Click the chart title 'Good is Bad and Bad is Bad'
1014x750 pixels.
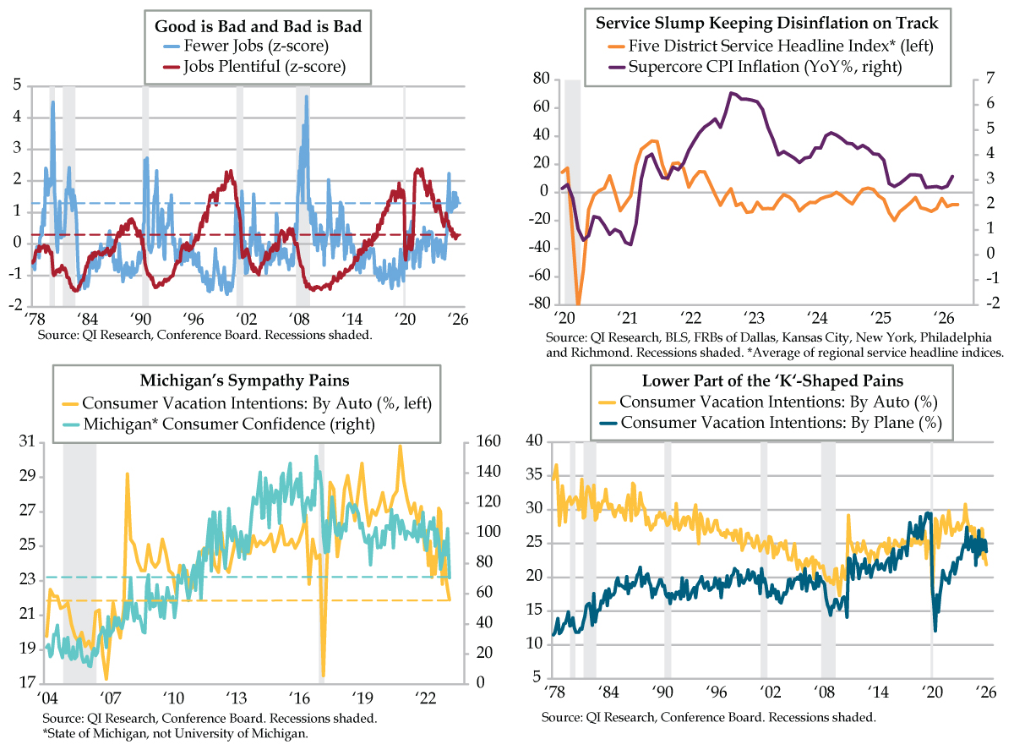258,26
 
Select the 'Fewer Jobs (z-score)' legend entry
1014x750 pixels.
246,46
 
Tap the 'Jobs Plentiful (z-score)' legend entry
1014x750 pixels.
254,67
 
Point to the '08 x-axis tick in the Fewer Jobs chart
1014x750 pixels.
299,319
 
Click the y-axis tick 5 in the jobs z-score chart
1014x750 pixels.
18,85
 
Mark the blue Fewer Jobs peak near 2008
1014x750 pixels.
306,96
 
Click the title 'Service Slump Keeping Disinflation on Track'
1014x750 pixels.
766,23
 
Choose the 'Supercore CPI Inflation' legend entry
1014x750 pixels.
755,67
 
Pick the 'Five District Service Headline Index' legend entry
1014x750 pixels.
771,46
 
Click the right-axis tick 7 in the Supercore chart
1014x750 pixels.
989,79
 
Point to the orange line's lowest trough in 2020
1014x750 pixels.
578,304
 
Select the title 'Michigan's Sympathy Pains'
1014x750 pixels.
244,380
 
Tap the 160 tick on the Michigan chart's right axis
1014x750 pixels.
488,441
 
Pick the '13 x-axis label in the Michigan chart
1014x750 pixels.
237,698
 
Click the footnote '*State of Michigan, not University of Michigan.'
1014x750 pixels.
176,734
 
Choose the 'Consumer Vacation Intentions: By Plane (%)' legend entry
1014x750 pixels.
771,423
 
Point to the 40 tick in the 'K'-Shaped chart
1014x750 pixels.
534,441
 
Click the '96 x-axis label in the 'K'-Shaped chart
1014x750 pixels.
717,692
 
